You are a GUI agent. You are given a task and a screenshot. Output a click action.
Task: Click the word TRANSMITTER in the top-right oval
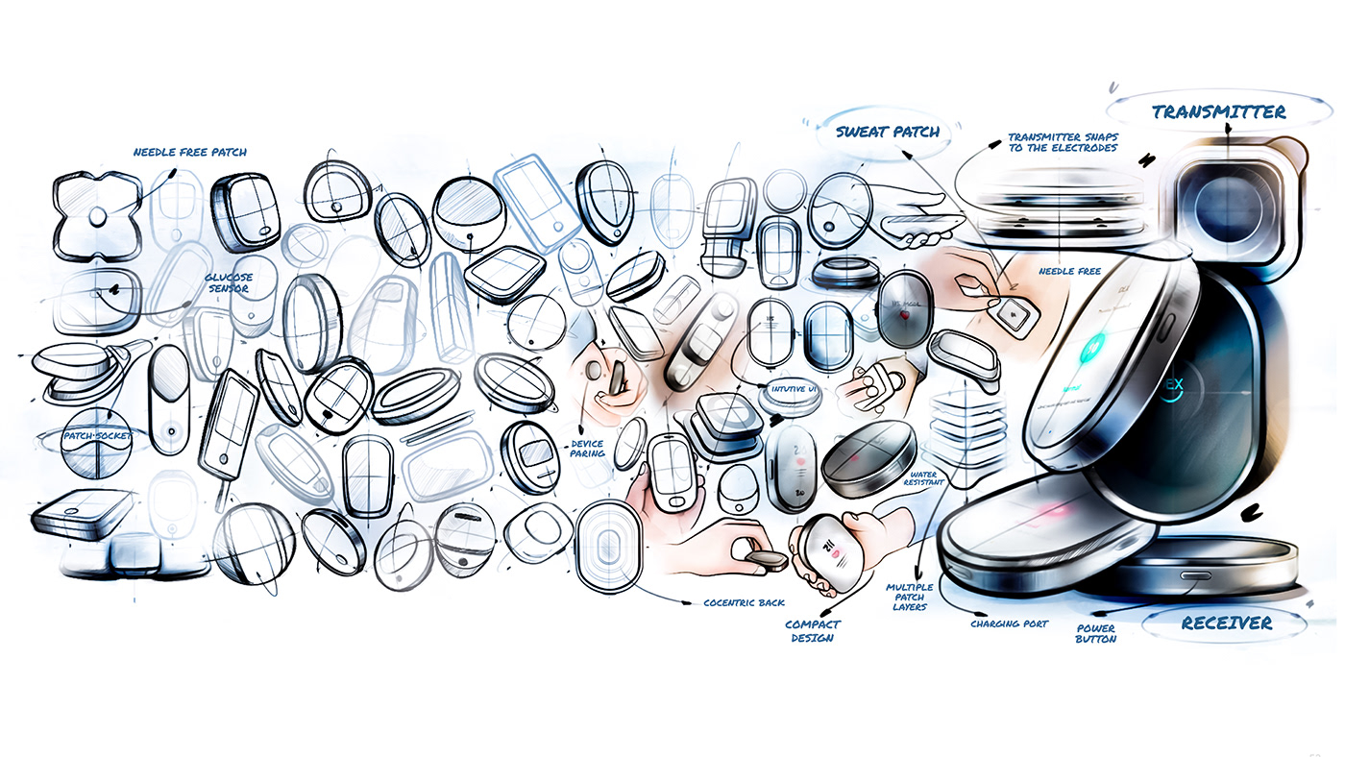click(1218, 112)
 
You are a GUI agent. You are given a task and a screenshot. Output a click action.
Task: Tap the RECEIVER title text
click(1226, 623)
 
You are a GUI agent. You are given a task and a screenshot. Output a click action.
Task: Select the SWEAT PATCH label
click(887, 132)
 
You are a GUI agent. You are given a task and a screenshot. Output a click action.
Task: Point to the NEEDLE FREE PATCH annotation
click(189, 152)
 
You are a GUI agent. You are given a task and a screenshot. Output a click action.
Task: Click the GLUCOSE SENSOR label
click(228, 283)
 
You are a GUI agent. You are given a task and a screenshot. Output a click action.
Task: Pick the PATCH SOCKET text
click(97, 436)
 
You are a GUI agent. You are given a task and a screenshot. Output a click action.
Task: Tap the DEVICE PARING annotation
click(587, 449)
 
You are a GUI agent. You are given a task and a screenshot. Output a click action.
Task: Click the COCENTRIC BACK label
click(744, 603)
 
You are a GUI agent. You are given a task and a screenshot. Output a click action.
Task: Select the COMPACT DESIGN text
click(812, 630)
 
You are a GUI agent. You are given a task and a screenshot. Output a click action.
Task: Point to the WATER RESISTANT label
click(926, 477)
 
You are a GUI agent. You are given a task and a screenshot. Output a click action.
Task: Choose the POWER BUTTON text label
click(1095, 633)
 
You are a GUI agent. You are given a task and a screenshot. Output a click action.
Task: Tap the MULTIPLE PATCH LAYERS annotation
click(909, 597)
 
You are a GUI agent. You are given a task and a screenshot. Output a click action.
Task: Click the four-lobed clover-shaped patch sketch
click(96, 218)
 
